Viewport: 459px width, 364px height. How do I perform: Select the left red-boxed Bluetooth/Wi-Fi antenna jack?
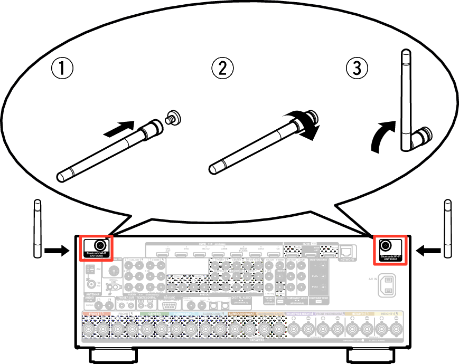pyautogui.click(x=99, y=245)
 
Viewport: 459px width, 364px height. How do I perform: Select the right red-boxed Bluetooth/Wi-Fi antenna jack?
pyautogui.click(x=386, y=245)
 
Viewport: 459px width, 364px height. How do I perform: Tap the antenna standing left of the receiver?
pyautogui.click(x=37, y=228)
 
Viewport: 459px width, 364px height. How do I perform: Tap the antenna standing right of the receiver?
pyautogui.click(x=448, y=228)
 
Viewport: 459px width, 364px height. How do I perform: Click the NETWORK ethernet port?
pyautogui.click(x=348, y=252)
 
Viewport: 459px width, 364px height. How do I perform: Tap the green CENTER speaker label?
pyautogui.click(x=154, y=314)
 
